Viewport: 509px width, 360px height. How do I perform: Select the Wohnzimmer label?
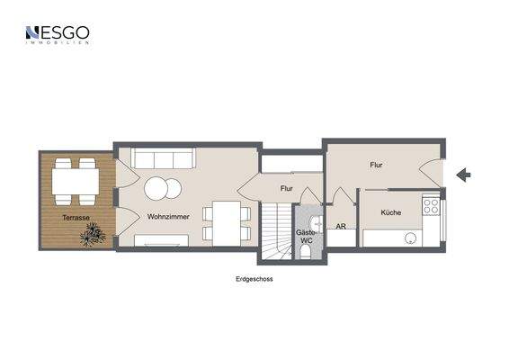168,218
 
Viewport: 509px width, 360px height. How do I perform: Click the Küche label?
390,212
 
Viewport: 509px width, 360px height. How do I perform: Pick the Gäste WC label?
306,236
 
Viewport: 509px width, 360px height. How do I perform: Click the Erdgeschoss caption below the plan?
254,279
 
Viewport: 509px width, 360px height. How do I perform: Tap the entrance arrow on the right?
464,175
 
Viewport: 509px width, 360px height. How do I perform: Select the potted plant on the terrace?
92,236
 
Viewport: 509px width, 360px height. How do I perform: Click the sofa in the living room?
163,159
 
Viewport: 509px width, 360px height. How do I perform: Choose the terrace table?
75,183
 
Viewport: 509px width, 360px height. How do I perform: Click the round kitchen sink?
411,238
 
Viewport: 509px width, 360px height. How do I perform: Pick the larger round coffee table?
155,189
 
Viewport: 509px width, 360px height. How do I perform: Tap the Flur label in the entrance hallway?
377,166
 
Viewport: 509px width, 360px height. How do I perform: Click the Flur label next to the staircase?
287,189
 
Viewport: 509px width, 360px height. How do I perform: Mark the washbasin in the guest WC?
315,222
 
